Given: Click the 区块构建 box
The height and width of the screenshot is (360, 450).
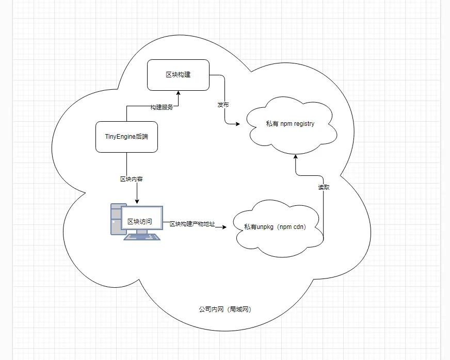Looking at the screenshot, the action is tap(178, 75).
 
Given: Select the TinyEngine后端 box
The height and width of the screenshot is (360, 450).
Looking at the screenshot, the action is tap(126, 137).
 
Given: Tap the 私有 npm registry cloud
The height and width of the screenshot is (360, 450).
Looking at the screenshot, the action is tap(291, 125).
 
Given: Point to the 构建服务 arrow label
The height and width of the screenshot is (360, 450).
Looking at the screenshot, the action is tap(162, 107).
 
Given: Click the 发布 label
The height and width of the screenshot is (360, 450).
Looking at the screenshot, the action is tap(223, 105).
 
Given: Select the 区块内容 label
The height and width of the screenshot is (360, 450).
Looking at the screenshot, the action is tap(131, 179).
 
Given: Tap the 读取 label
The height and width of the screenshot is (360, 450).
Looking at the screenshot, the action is tap(324, 187).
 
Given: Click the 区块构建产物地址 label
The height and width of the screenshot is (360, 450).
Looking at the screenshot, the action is tap(192, 224).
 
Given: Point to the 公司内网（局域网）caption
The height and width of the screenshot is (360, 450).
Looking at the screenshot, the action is tap(226, 309).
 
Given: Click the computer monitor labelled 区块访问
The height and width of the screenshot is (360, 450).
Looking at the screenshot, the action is tap(142, 218).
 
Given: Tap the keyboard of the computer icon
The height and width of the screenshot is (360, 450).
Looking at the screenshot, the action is tap(142, 237).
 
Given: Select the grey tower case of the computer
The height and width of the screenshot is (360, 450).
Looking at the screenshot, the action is tap(116, 219).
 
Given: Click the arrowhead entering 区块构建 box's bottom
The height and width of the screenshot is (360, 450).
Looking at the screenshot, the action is tap(178, 93).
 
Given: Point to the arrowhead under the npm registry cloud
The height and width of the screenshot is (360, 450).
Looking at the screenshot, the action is tap(296, 157).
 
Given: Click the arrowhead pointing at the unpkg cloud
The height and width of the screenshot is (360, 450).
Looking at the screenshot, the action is tap(224, 227).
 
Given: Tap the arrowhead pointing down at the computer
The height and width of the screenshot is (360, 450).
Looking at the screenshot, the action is tap(137, 201).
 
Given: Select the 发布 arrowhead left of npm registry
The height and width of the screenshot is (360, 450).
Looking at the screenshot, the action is tap(237, 124).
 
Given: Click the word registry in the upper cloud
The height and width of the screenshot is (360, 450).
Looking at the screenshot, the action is tap(304, 124).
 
